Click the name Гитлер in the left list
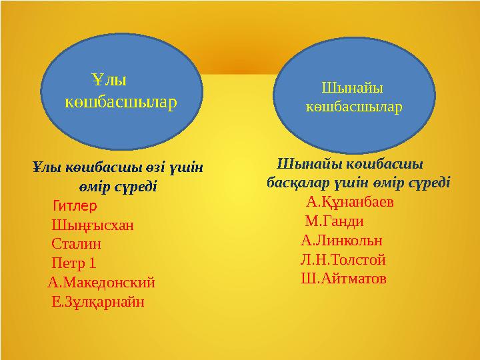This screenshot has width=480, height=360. click(74, 205)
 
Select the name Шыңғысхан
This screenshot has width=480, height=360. click(92, 225)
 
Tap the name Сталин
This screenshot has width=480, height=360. click(77, 243)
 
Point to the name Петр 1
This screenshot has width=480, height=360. click(74, 263)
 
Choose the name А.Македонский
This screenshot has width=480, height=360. click(101, 282)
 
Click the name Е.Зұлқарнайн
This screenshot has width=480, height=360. click(97, 301)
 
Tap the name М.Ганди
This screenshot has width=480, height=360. click(334, 221)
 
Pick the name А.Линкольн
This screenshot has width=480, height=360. click(341, 241)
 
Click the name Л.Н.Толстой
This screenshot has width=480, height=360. click(343, 260)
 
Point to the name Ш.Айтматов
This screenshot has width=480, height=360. click(343, 279)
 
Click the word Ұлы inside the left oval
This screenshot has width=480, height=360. click(110, 81)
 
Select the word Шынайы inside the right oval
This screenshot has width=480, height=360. click(353, 87)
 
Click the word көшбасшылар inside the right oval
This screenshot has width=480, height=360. click(353, 107)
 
